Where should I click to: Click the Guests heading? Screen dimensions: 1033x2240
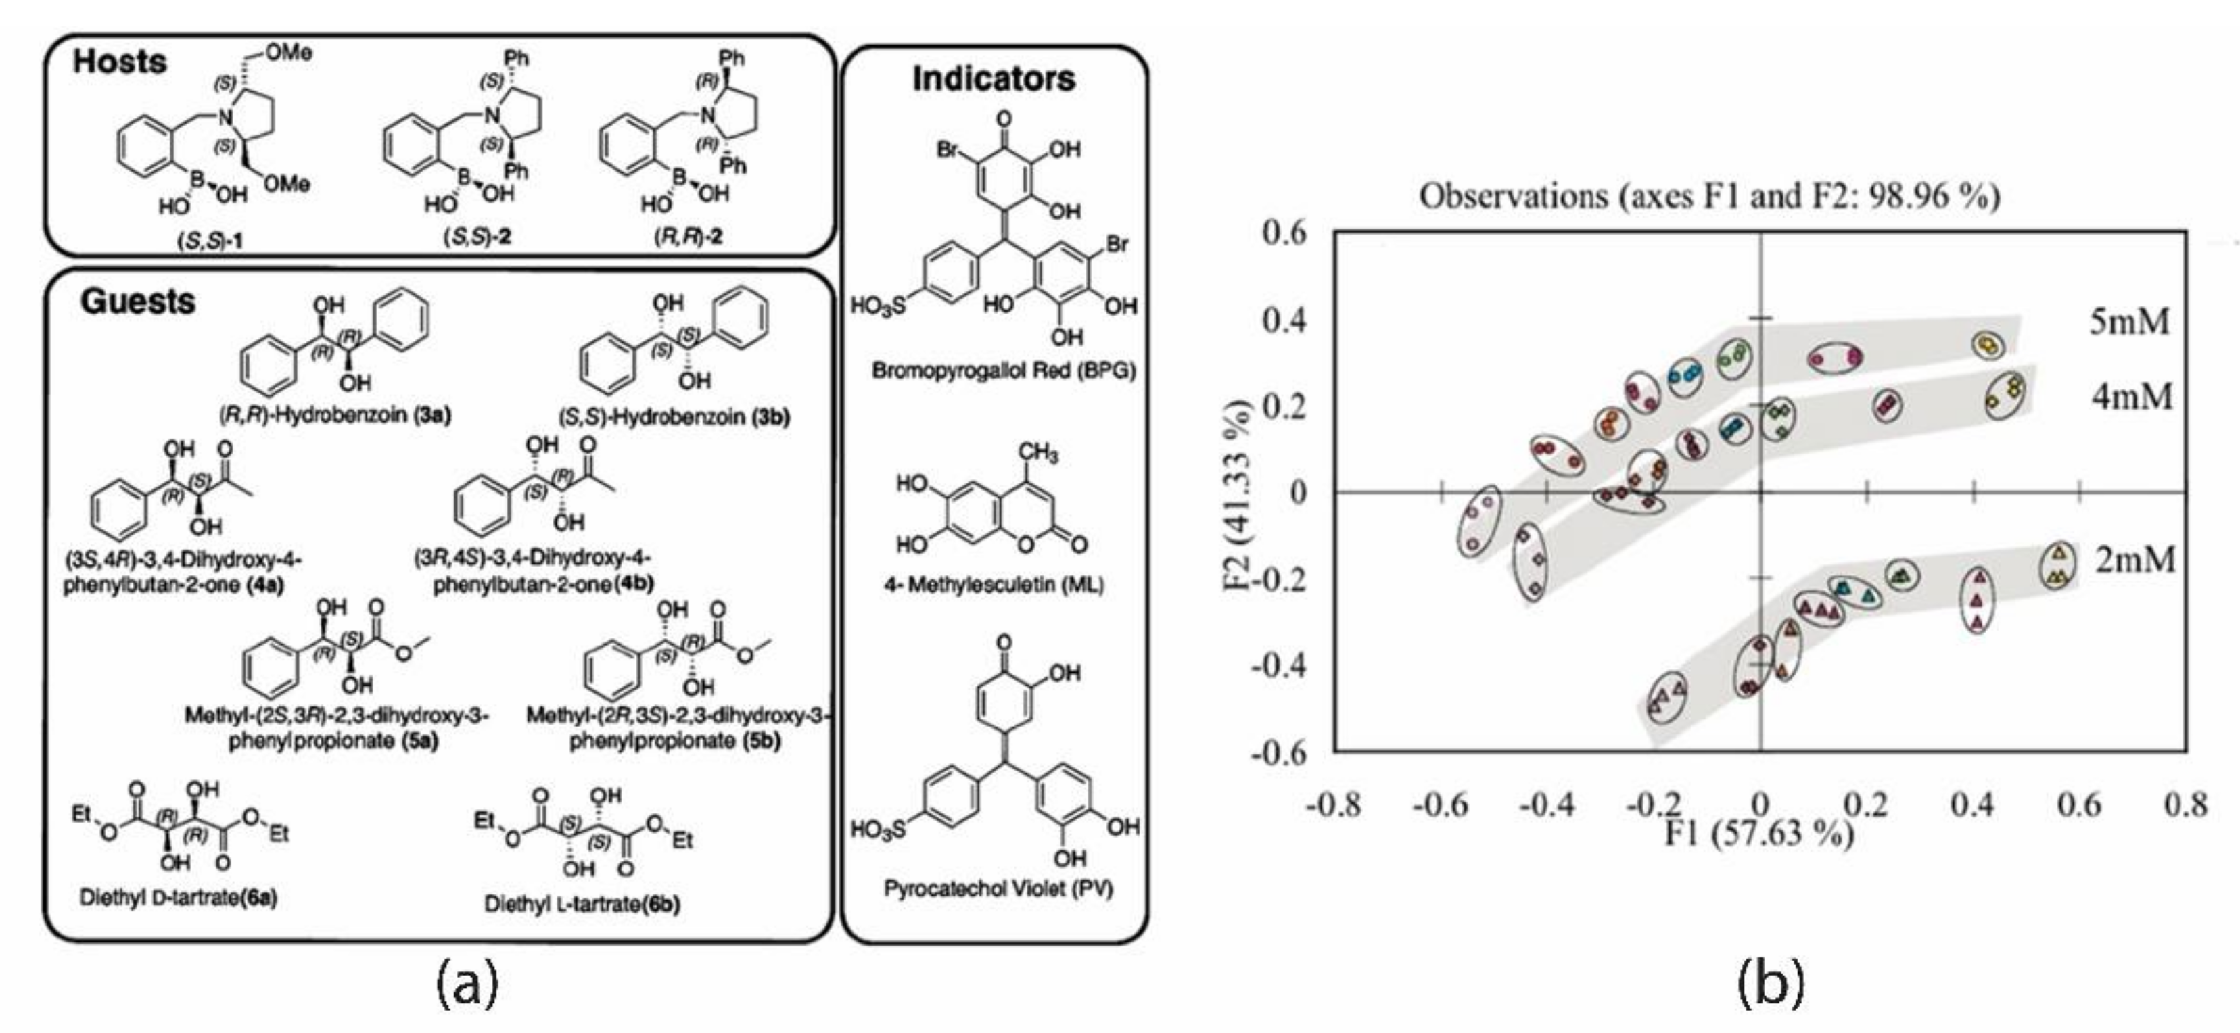[137, 302]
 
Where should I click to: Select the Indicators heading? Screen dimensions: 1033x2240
[993, 79]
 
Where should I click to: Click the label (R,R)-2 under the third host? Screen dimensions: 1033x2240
[688, 237]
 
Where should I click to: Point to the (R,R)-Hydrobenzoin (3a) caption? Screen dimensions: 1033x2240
[335, 415]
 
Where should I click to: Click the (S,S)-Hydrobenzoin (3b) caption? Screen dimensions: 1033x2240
[674, 416]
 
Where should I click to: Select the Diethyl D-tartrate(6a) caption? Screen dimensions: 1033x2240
[179, 897]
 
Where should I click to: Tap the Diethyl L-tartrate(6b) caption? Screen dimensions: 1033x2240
[582, 905]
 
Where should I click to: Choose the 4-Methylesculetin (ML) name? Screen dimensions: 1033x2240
[994, 584]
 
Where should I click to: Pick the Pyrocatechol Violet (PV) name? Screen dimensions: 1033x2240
[998, 888]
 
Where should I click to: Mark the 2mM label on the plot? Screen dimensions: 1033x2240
[2134, 559]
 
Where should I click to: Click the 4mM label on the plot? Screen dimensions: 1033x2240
[2131, 397]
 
